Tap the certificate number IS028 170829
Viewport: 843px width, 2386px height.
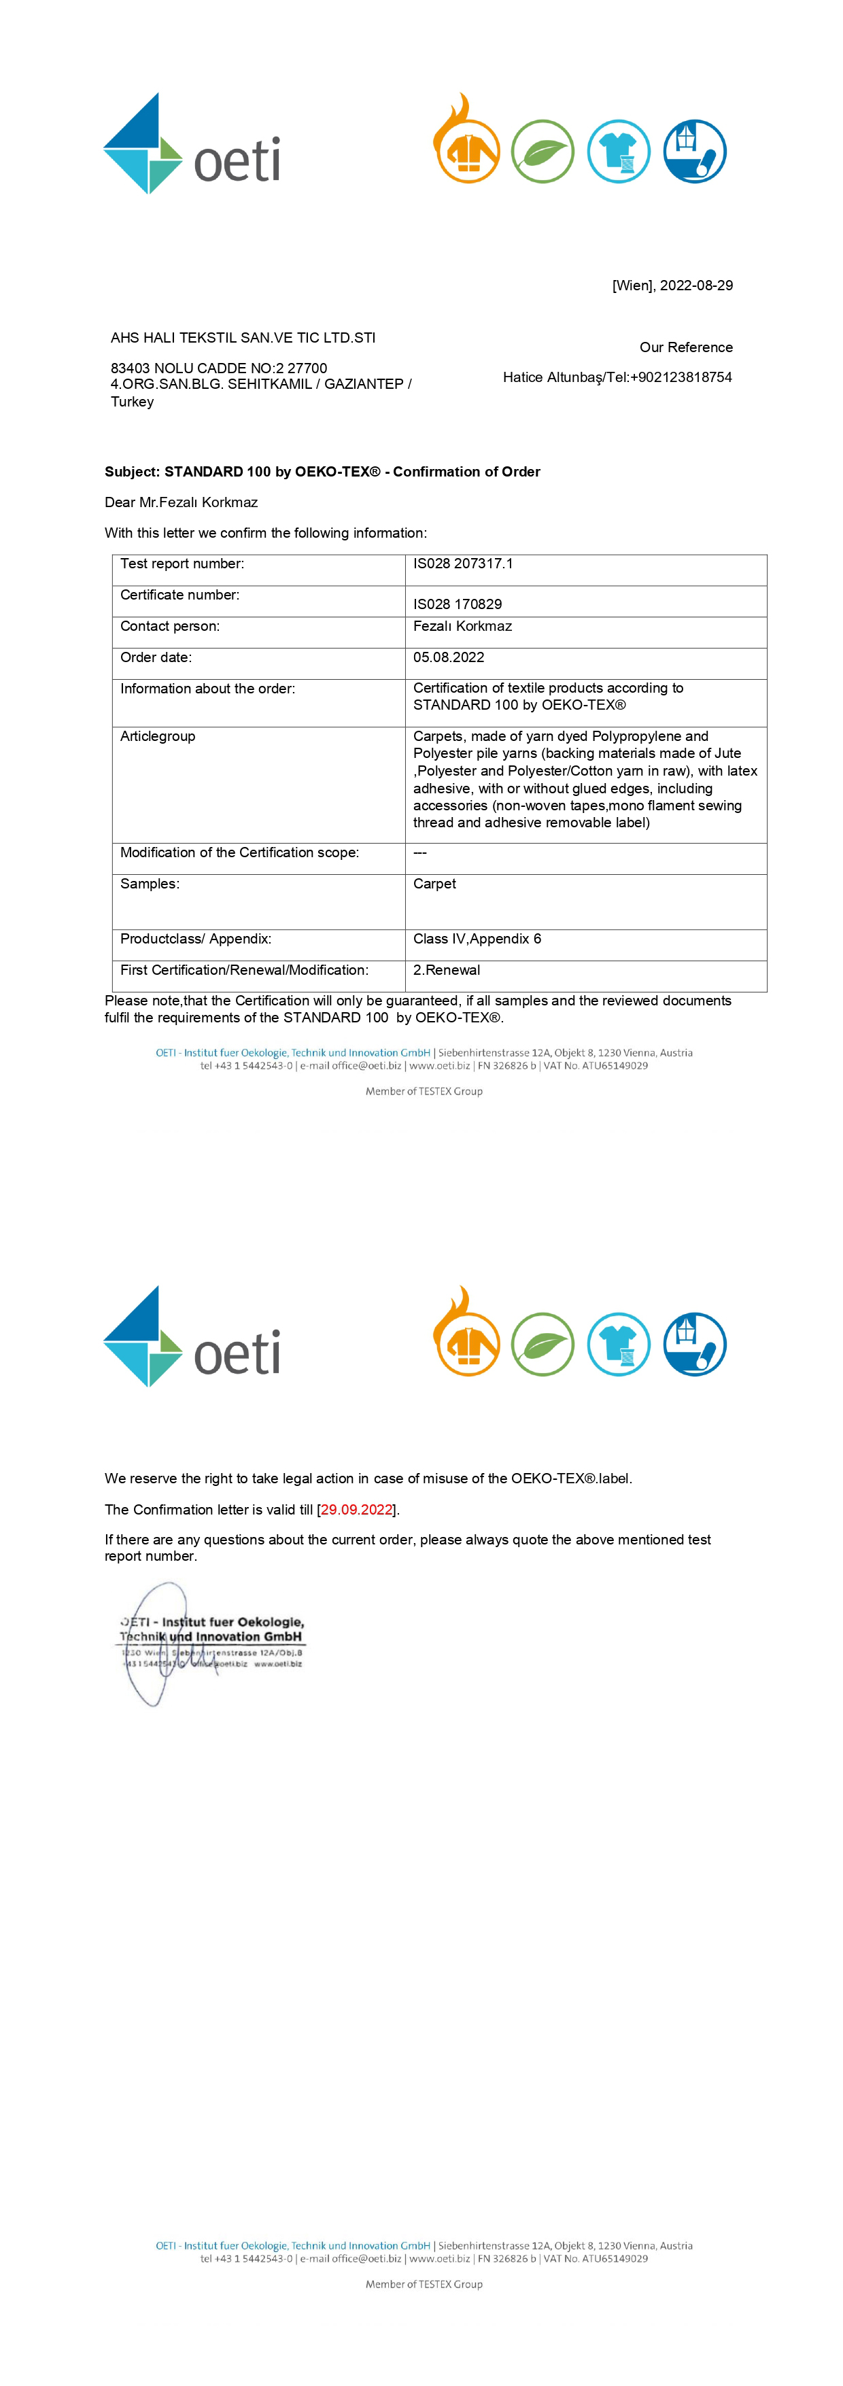pyautogui.click(x=457, y=604)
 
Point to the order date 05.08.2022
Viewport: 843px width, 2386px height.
pyautogui.click(x=449, y=657)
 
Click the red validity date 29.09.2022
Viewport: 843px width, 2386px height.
pyautogui.click(x=357, y=1509)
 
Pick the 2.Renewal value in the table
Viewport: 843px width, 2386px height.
pyautogui.click(x=447, y=970)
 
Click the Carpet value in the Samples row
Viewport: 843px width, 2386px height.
pyautogui.click(x=434, y=884)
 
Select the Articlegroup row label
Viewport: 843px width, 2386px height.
pyautogui.click(x=158, y=736)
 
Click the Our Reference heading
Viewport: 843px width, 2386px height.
pyautogui.click(x=685, y=347)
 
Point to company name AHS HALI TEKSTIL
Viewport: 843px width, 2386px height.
pyautogui.click(x=243, y=337)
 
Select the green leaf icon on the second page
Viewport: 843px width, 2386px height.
pyautogui.click(x=543, y=1344)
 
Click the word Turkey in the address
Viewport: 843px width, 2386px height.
pyautogui.click(x=133, y=401)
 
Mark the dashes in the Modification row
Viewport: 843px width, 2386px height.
pyautogui.click(x=419, y=852)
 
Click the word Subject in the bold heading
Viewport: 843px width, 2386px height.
pyautogui.click(x=131, y=472)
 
